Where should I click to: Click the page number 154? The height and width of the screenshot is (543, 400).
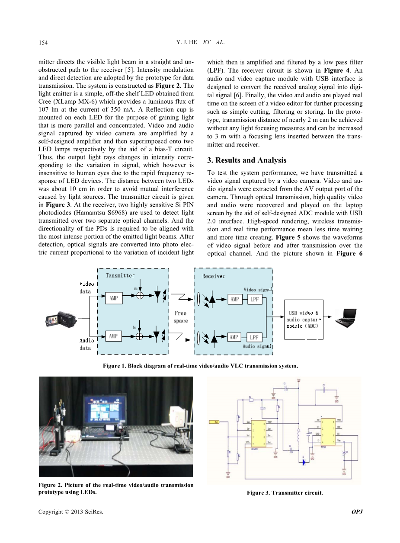(x=42, y=42)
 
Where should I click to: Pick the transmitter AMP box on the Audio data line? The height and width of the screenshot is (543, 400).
(x=113, y=336)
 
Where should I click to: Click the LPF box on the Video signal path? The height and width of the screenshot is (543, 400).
(x=254, y=299)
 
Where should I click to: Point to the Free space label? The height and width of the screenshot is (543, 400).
(x=181, y=317)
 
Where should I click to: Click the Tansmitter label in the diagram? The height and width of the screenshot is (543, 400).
(x=120, y=275)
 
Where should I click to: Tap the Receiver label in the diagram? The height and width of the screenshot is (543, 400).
(x=214, y=276)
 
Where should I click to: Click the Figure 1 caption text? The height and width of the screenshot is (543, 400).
(x=200, y=366)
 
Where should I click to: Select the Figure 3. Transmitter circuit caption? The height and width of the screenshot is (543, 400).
(x=285, y=493)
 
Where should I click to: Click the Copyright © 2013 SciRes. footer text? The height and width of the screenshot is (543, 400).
(x=71, y=512)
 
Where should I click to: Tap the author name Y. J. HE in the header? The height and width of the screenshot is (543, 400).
(x=187, y=42)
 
